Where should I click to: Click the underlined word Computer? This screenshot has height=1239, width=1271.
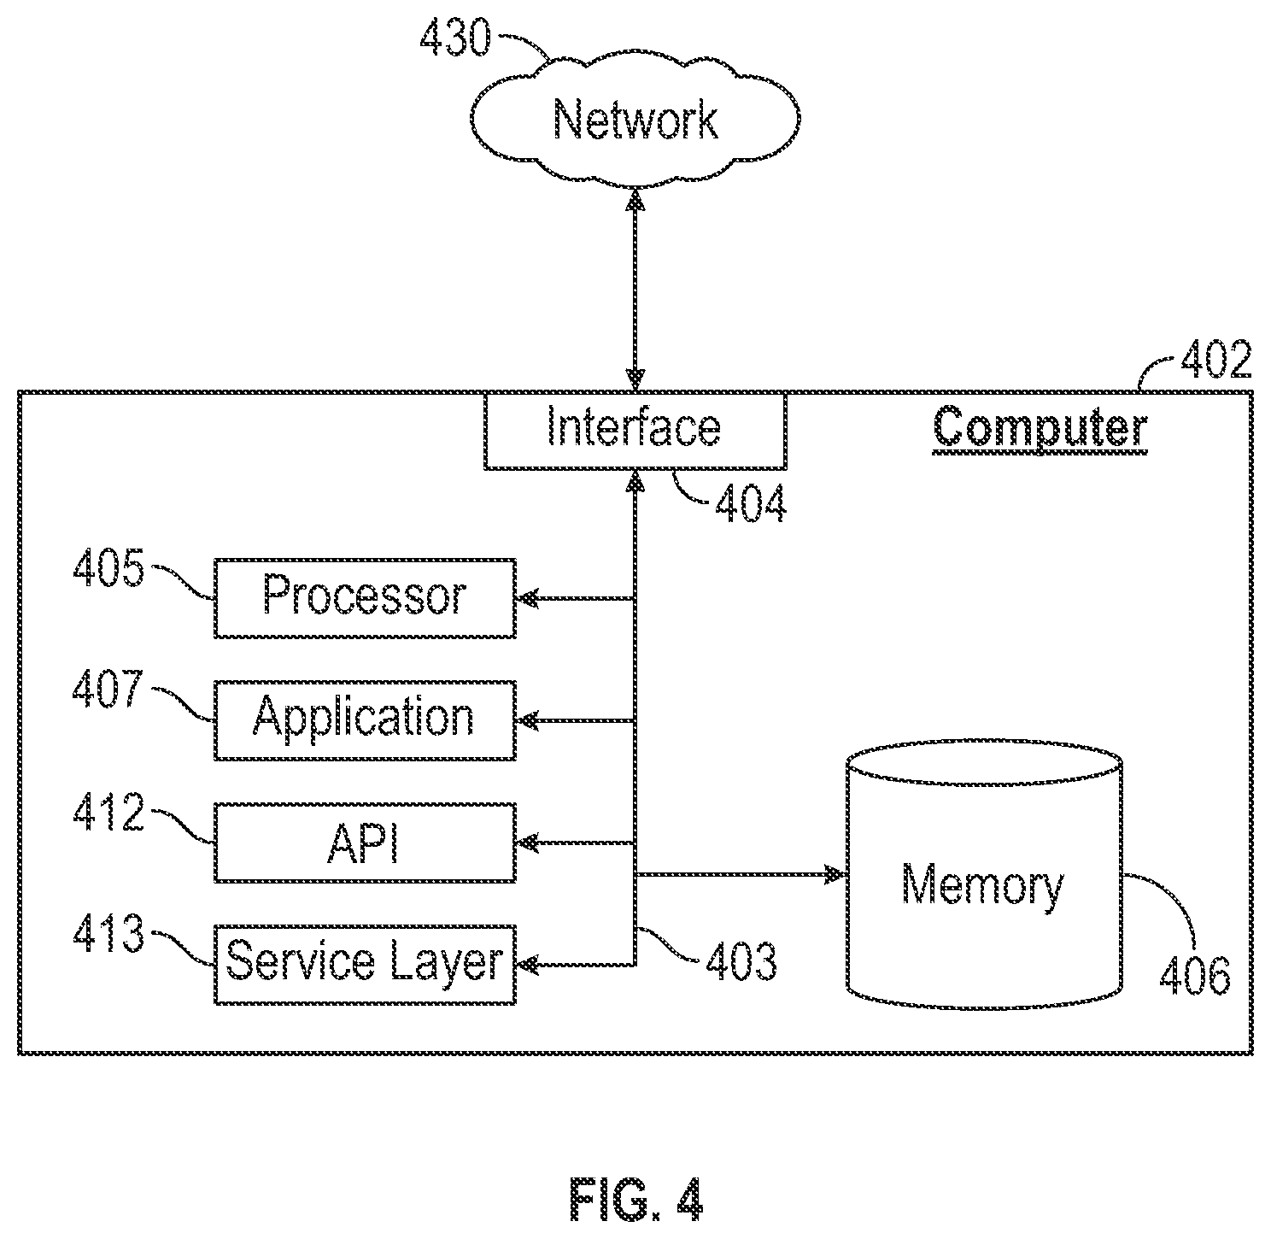point(1040,427)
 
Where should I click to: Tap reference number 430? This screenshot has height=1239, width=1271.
point(455,38)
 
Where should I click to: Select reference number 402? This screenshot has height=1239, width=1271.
point(1216,359)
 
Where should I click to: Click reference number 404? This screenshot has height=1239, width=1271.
point(751,504)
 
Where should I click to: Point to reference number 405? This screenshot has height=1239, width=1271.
point(108,567)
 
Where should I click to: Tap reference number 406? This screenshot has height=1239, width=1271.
point(1195,977)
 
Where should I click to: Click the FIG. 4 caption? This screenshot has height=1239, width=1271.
point(636,1200)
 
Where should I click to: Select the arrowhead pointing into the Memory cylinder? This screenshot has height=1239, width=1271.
point(837,873)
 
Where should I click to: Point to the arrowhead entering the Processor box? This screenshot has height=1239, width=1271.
point(528,598)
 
